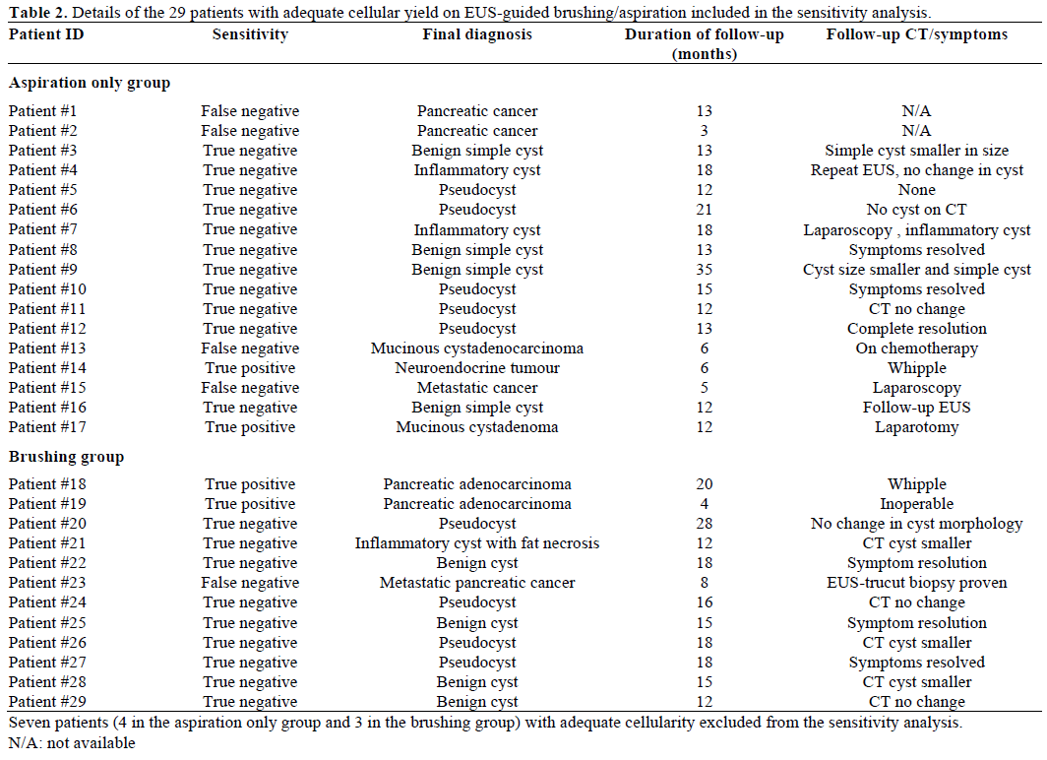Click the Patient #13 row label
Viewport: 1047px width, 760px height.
click(47, 348)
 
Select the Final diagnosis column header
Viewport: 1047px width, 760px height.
click(477, 34)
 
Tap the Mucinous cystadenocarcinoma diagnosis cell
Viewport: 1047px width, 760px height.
click(477, 348)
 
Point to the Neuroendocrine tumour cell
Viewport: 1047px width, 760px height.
click(477, 368)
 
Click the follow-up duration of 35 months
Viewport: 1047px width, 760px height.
click(704, 270)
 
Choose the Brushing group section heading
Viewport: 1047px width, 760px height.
click(67, 457)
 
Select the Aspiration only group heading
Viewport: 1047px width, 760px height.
click(90, 83)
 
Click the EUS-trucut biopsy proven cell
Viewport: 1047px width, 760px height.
click(916, 583)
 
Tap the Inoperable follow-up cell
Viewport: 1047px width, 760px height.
click(916, 504)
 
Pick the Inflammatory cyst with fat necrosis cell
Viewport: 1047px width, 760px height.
click(477, 543)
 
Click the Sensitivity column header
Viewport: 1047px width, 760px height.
click(250, 34)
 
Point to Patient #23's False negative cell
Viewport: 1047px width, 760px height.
click(250, 583)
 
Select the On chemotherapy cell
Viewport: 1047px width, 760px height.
click(916, 348)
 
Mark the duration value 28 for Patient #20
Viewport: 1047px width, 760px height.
click(704, 524)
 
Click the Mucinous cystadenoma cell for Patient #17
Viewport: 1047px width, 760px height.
click(477, 427)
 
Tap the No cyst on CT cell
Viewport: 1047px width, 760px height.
click(916, 210)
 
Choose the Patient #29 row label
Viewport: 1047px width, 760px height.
click(47, 702)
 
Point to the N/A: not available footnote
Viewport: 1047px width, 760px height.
click(71, 742)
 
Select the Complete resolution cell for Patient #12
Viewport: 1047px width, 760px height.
click(916, 329)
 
